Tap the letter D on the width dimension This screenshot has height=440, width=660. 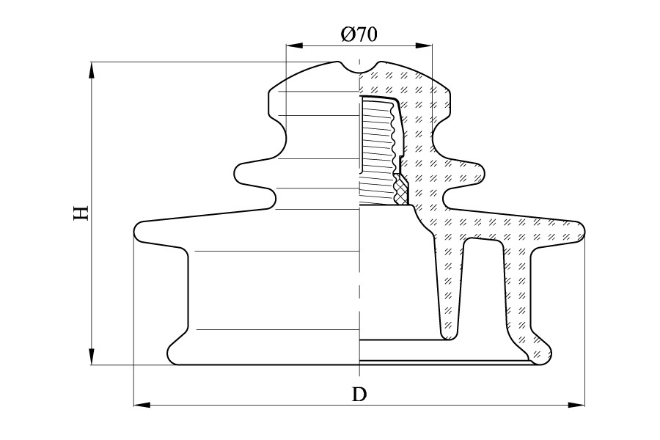(359, 394)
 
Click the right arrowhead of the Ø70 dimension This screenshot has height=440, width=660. (425, 46)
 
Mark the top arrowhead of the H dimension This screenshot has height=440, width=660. (92, 70)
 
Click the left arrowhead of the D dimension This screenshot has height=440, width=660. (142, 404)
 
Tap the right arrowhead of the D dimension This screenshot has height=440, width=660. (577, 404)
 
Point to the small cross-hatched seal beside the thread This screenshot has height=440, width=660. (401, 191)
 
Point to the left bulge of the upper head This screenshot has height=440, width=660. (276, 102)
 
